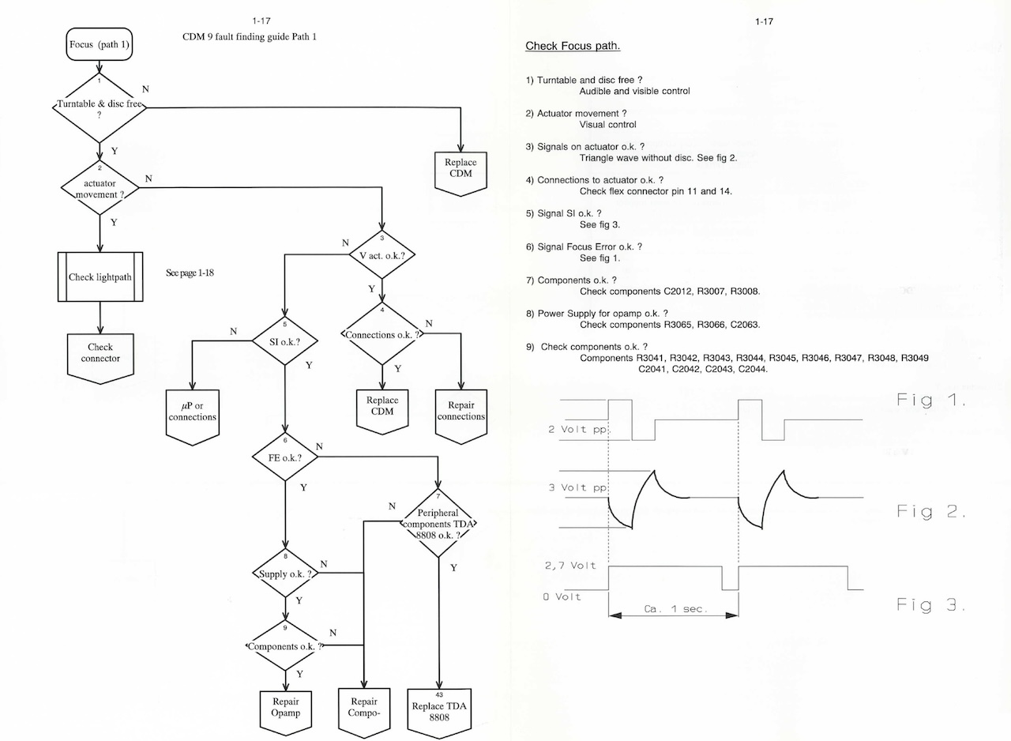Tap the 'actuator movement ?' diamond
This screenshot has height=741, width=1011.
[100, 188]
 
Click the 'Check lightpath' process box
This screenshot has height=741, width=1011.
[100, 277]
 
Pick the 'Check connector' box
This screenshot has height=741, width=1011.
[100, 354]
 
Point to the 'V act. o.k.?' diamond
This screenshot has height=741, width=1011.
[381, 256]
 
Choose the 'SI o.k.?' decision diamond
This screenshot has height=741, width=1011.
[284, 341]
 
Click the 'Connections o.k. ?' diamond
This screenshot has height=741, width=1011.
[381, 335]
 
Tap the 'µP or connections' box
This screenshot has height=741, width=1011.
[192, 412]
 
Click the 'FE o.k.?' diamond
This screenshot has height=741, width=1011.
[284, 457]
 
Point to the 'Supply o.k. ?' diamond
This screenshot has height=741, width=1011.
[284, 574]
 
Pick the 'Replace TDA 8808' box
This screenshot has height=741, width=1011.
[439, 712]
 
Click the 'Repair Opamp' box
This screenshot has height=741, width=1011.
[286, 708]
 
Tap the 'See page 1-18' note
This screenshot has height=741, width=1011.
[190, 273]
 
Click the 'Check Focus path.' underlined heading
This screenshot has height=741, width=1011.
[573, 47]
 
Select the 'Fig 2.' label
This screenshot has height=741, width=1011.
[931, 512]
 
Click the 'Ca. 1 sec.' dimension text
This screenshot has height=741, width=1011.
[674, 609]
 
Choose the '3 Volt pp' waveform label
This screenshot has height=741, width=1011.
[578, 487]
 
